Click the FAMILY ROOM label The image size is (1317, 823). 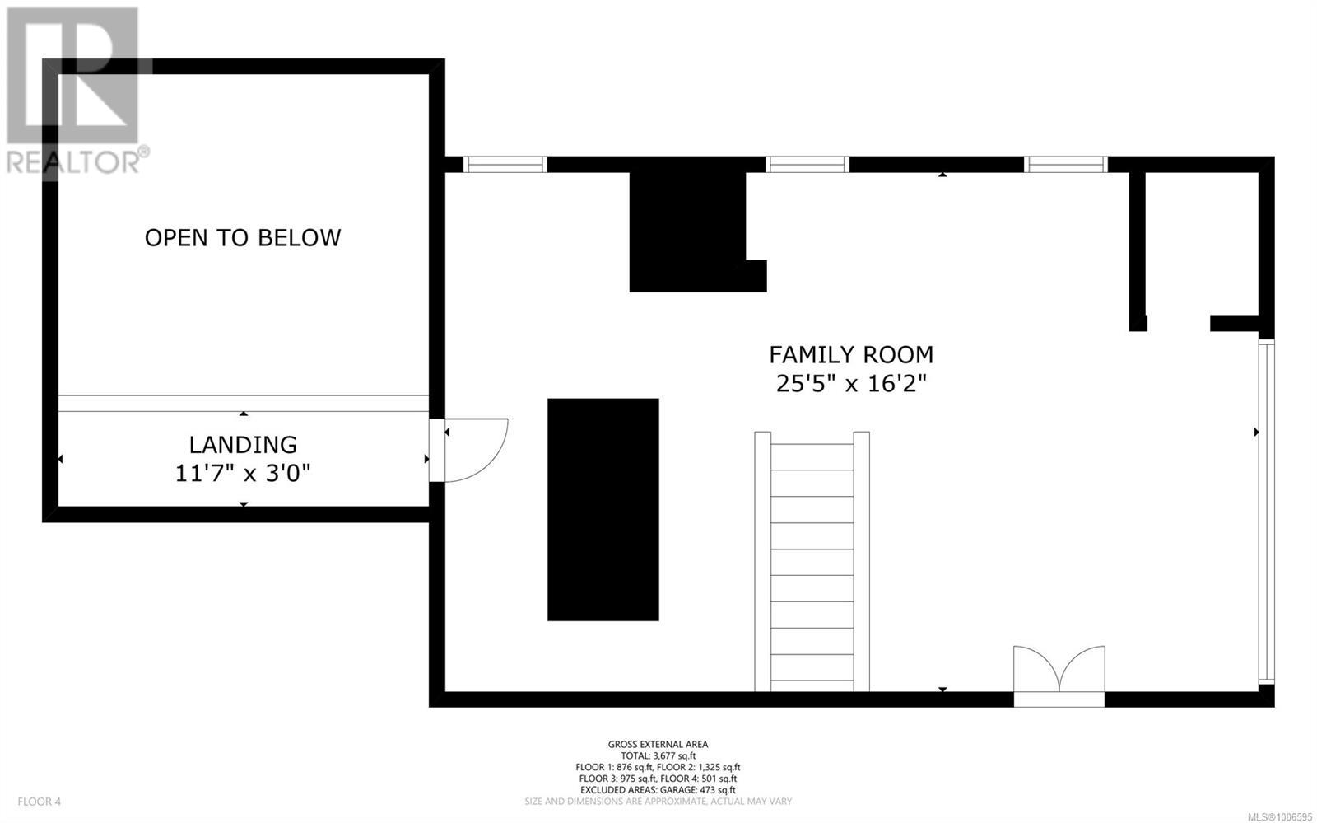click(851, 355)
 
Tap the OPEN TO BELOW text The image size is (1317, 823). click(243, 237)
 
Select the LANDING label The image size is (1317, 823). click(243, 445)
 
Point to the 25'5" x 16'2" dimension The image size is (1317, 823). click(851, 384)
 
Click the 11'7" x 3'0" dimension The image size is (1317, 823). click(243, 473)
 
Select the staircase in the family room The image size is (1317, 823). click(812, 561)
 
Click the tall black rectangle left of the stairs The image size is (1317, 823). click(603, 509)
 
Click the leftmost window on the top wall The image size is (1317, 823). click(505, 164)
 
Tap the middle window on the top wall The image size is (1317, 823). click(807, 164)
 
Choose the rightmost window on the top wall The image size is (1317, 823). click(1066, 164)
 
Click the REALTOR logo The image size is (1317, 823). click(75, 91)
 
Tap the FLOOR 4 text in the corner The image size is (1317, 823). click(40, 802)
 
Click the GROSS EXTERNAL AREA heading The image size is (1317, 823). click(658, 744)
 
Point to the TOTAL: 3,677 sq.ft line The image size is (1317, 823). click(658, 756)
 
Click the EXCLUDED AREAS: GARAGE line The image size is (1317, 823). click(658, 790)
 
